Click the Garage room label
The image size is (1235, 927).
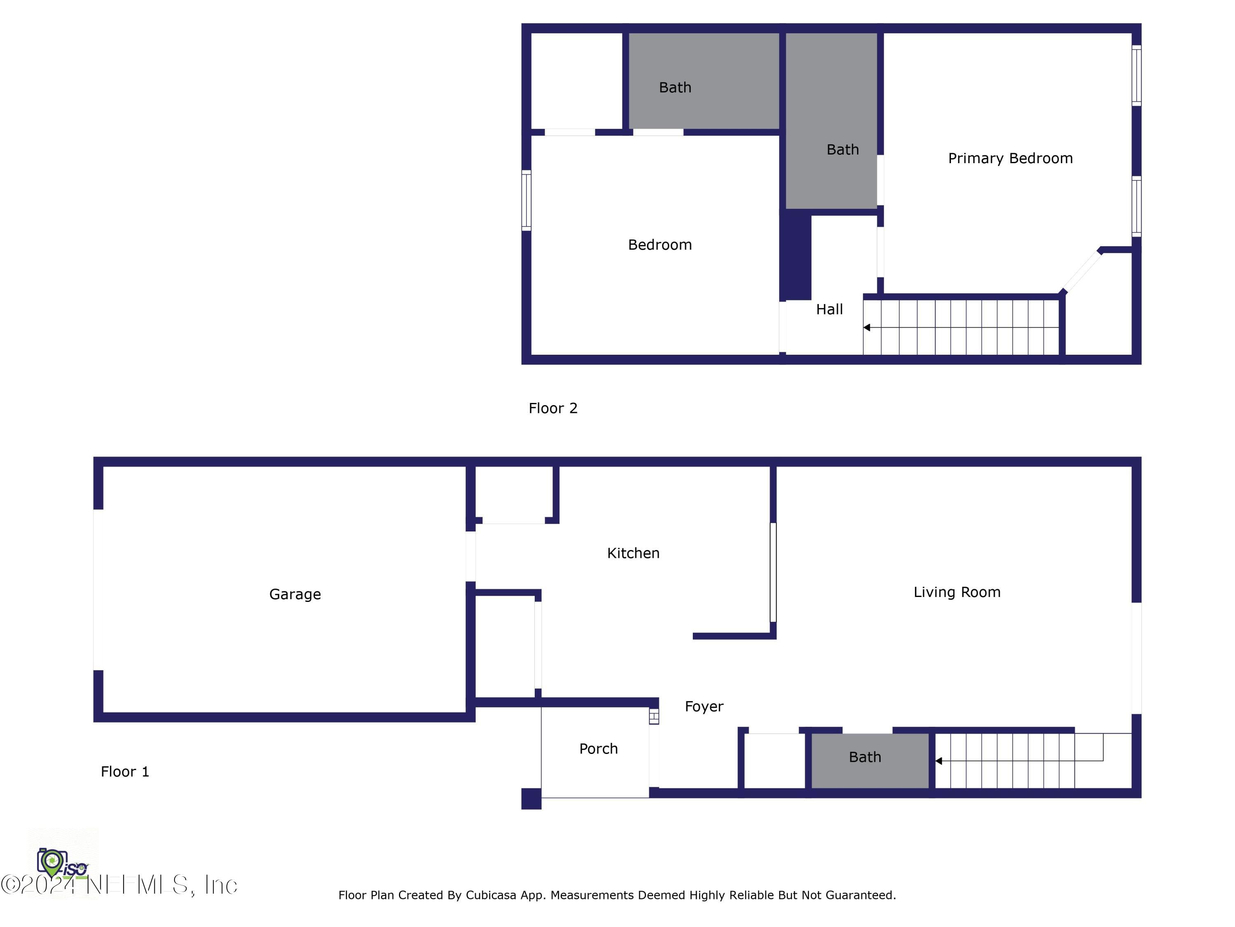point(295,594)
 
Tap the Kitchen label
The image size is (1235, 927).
point(633,553)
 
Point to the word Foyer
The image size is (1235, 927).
point(704,707)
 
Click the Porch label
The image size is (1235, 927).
point(598,749)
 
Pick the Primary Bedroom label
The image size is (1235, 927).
point(1010,158)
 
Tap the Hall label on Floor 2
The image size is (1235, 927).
point(829,309)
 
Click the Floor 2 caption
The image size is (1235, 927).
point(553,408)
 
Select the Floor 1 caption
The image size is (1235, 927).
point(124,772)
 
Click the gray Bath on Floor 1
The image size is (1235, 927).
point(865,757)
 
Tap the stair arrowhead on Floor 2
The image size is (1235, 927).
point(867,328)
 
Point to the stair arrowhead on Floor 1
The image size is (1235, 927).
point(939,761)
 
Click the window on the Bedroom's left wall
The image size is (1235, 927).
point(526,200)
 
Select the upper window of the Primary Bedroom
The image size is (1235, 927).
point(1136,75)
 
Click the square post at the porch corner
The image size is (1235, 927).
point(531,798)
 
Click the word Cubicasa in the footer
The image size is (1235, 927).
point(490,895)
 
